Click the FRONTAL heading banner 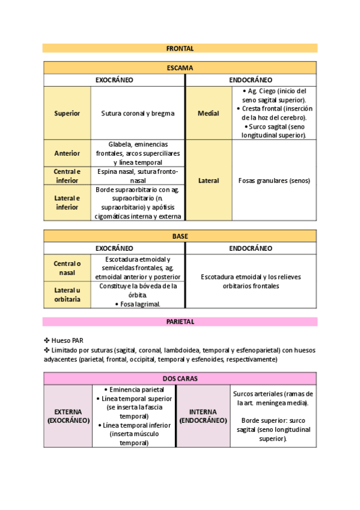180,48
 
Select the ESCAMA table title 180,68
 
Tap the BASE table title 180,236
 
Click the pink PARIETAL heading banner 180,322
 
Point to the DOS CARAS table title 180,378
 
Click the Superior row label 67,113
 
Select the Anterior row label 67,153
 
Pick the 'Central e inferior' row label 67,176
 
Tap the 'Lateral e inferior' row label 67,203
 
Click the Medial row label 209,113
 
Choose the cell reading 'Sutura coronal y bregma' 138,113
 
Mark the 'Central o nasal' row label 67,268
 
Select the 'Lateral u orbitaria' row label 67,295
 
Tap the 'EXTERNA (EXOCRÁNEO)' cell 68,416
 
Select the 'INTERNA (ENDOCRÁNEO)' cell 203,416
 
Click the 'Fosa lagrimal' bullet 139,304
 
